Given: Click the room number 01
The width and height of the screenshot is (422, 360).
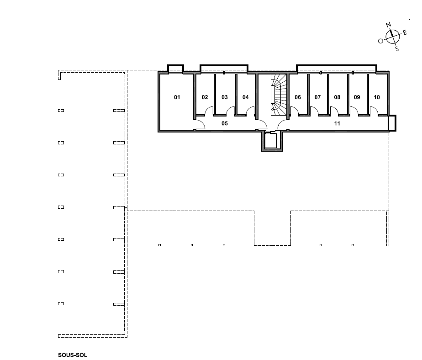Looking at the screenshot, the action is tap(177, 97).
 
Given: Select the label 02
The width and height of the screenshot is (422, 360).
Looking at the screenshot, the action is tap(205, 97).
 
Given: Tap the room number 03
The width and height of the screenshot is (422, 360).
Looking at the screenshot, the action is tap(224, 97).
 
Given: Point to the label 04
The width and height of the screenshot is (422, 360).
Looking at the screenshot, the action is tap(245, 97).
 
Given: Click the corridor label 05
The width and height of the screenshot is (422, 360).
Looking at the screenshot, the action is tap(224, 123).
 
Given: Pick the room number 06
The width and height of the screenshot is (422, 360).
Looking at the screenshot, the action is tap(298, 97).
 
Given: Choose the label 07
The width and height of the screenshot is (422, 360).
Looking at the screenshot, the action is tap(317, 97).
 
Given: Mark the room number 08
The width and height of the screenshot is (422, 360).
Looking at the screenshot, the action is tap(337, 97).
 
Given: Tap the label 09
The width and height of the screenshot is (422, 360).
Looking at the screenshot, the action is tap(357, 97).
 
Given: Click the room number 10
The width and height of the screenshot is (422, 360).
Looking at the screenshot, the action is tap(377, 97).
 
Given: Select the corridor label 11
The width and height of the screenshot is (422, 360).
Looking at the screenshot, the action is tap(337, 123).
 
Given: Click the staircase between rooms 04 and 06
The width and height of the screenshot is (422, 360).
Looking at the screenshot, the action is tap(279, 95).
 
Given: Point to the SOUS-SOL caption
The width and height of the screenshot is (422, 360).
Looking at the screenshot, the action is tap(73, 355).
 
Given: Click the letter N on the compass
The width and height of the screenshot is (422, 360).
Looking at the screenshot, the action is tap(388, 25).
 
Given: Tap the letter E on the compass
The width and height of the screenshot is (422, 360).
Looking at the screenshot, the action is tap(405, 33).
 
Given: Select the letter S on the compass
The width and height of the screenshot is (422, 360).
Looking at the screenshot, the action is tap(397, 49).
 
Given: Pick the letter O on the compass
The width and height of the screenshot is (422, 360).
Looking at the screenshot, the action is tap(380, 41).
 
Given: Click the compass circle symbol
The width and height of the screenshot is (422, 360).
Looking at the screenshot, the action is tap(393, 37).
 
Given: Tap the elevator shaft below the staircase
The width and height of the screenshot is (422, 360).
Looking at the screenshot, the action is tap(272, 141).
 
